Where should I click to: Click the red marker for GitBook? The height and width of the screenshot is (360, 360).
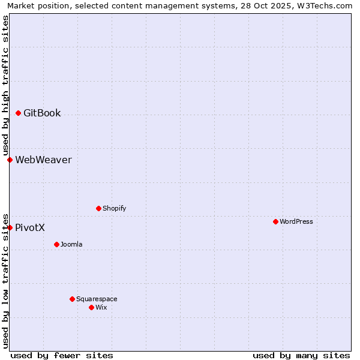coord(18,113)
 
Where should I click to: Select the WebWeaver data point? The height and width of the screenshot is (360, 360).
coord(10,160)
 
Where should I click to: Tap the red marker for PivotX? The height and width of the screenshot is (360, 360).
coord(10,227)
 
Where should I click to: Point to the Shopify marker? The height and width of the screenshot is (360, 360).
coord(98,208)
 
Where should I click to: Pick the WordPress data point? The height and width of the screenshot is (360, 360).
coord(275,221)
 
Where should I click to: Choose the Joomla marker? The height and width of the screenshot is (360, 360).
coord(56,244)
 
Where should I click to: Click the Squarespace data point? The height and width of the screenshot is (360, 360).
coord(72,299)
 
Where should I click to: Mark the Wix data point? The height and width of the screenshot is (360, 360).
coord(91,307)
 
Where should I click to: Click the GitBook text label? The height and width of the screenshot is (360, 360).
coord(42,113)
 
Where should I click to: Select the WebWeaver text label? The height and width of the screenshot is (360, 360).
coord(43,160)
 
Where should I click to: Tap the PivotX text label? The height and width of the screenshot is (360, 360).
coord(30,227)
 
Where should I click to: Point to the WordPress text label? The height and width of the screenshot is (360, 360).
coord(296,221)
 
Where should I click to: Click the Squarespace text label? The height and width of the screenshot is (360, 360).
coord(97,299)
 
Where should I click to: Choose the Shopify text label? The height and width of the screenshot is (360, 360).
coord(114,208)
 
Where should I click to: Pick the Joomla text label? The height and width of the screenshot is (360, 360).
coord(71,244)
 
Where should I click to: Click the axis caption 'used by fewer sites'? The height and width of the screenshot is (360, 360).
coord(62,355)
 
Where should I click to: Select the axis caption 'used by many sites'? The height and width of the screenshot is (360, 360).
coord(301,355)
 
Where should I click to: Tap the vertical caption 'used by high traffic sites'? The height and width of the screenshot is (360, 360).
coord(5,86)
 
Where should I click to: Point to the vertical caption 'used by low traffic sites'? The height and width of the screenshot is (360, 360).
coord(5,280)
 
